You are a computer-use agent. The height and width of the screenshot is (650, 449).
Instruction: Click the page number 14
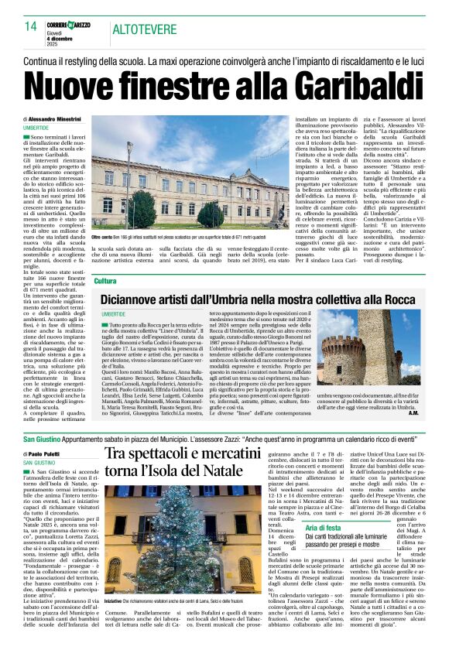click(x=30, y=27)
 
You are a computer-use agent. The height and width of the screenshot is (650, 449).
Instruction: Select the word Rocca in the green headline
click(x=410, y=298)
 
